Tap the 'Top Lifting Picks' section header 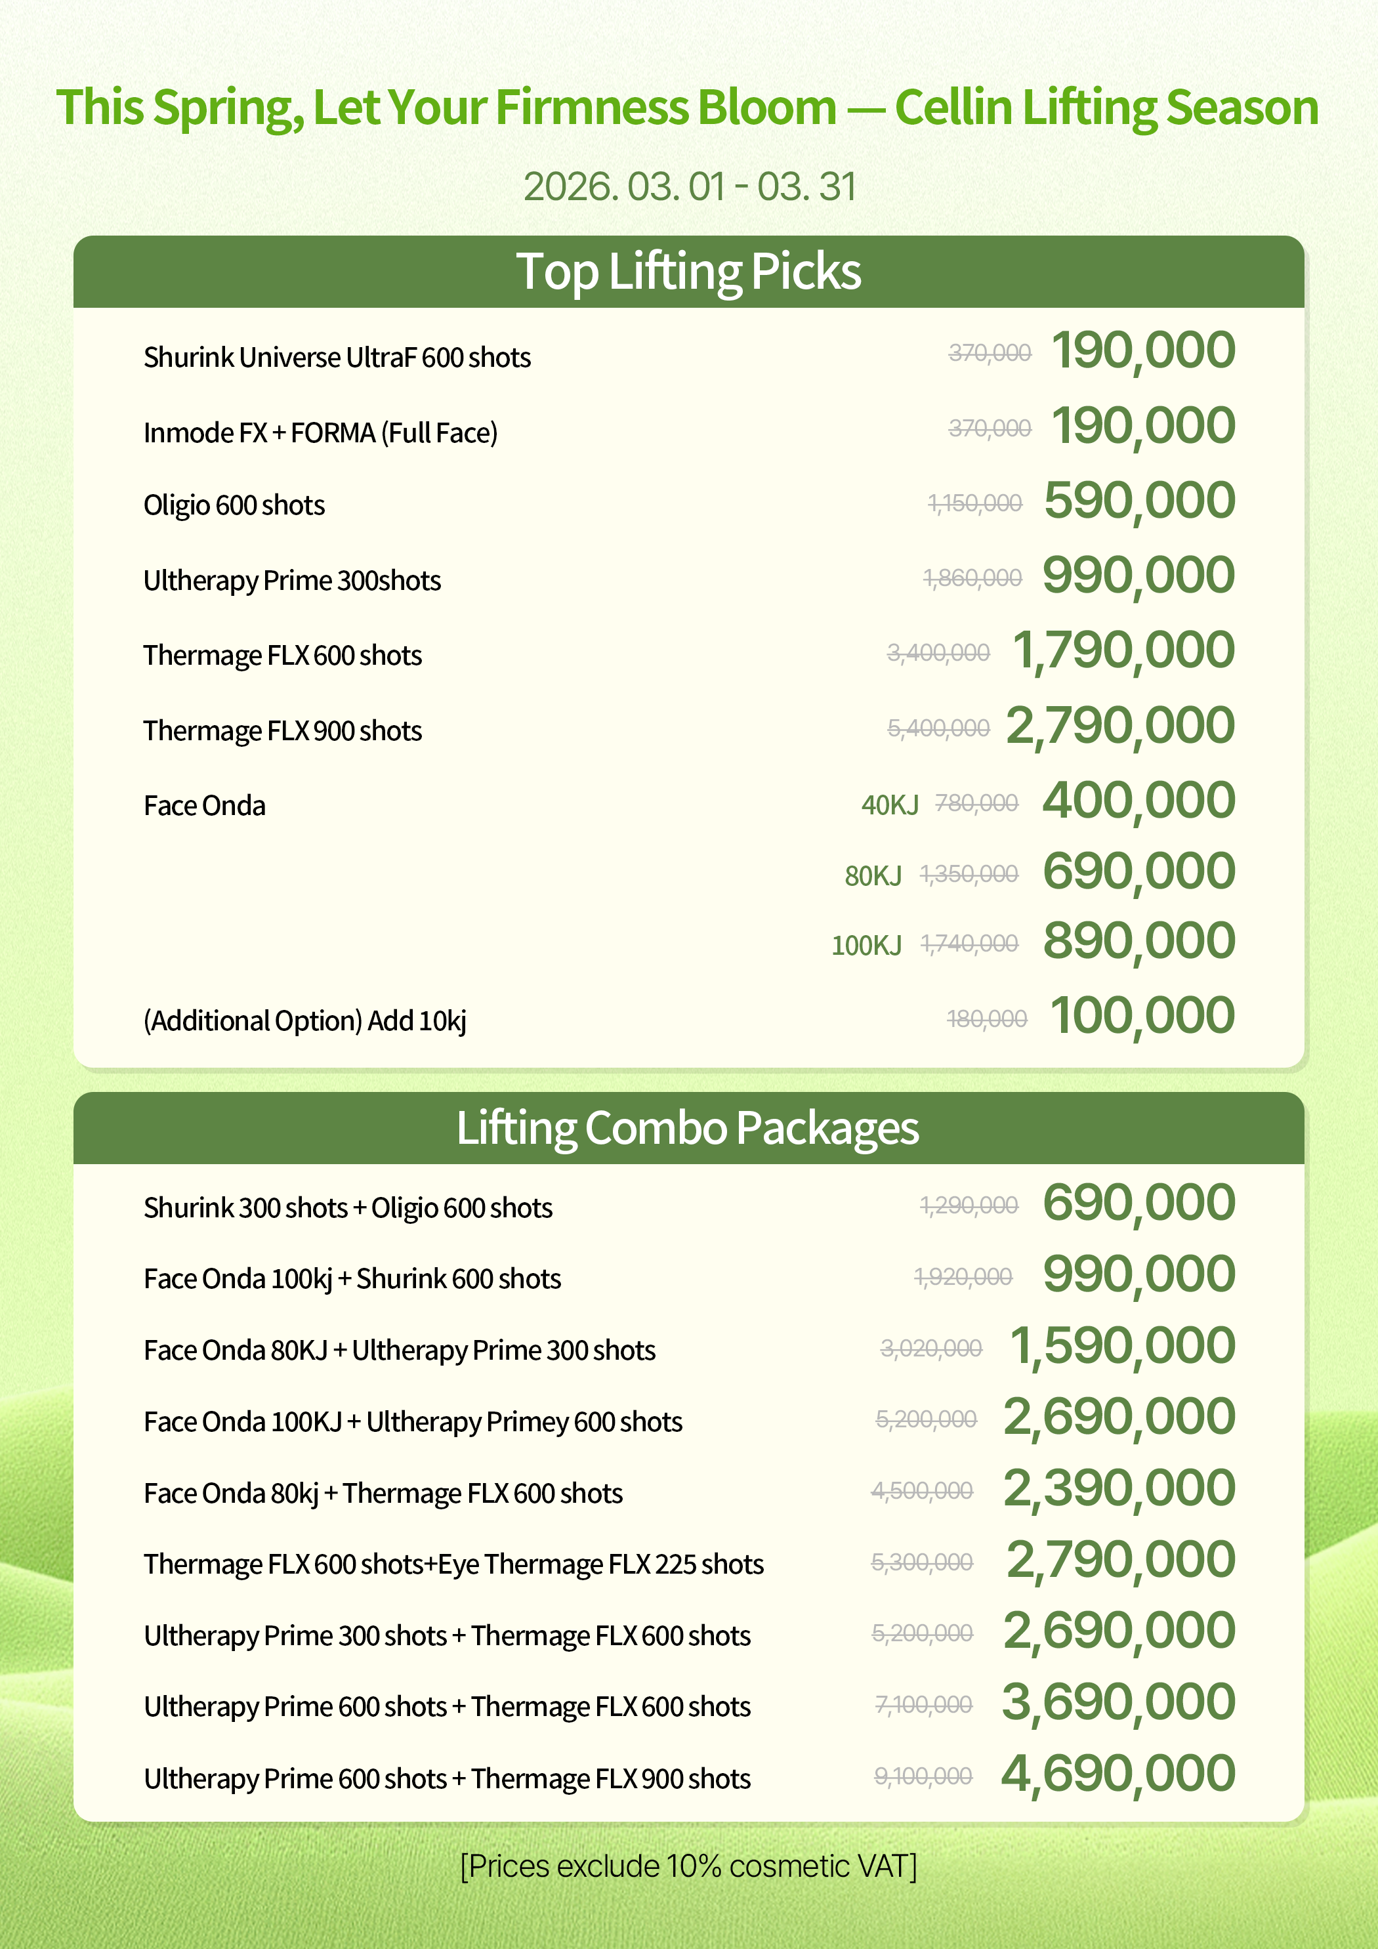(688, 272)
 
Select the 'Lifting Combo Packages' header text (688, 1128)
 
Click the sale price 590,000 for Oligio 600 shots (1138, 501)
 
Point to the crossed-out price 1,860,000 (972, 578)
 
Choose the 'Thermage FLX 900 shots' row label (283, 731)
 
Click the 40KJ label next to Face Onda (889, 805)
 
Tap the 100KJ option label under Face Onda (866, 945)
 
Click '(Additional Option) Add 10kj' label (305, 1020)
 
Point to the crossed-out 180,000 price (987, 1018)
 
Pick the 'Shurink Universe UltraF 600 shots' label (337, 358)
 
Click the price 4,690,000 (1117, 1774)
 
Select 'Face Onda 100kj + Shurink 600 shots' (352, 1278)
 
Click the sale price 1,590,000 (1121, 1347)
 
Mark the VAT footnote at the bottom (688, 1866)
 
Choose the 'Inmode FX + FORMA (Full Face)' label (320, 433)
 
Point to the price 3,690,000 (1117, 1703)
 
